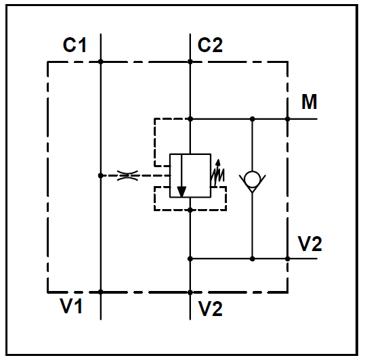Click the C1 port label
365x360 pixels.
(74, 45)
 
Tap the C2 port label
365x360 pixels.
(210, 45)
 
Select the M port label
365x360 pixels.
(309, 102)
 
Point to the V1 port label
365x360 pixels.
(71, 306)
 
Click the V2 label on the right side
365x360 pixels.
(310, 244)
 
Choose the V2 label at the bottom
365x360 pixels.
(210, 309)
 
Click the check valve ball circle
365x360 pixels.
(253, 179)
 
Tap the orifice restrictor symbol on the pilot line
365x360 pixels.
(127, 175)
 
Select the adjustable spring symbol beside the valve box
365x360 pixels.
(217, 173)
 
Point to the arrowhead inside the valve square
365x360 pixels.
(181, 192)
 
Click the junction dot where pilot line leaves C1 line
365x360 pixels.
(100, 175)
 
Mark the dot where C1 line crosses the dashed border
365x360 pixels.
(100, 62)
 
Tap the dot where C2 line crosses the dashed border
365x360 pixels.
(190, 62)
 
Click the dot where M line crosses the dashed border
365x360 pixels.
(288, 119)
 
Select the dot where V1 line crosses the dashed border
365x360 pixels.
(100, 292)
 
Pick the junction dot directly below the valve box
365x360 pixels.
(190, 210)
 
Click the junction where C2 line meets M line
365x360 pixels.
(190, 119)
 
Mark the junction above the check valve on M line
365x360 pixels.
(253, 119)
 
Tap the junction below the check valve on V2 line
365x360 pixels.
(253, 258)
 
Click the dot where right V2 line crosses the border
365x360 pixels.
(288, 258)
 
